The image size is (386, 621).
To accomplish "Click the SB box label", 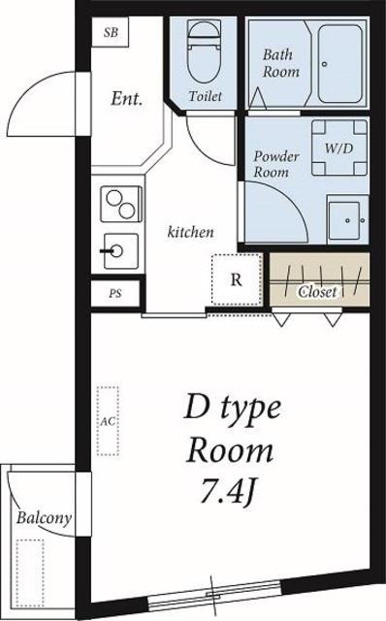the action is [x=111, y=32].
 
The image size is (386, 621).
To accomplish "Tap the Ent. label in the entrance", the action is [x=127, y=99].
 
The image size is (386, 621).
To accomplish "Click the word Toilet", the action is [x=205, y=96].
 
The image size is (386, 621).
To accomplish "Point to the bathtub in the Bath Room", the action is [x=340, y=64].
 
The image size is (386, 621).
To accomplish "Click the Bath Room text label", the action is [x=280, y=63].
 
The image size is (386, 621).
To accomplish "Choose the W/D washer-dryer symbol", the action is [x=339, y=147].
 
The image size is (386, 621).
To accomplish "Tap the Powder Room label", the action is [x=276, y=164].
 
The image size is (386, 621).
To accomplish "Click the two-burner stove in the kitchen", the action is [x=121, y=204].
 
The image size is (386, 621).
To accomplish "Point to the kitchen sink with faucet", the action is [x=120, y=250].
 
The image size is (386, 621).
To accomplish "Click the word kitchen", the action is [x=190, y=232].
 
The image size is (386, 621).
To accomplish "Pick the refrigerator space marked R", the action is [x=237, y=279].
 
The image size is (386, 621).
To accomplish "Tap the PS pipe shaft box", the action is [x=115, y=294].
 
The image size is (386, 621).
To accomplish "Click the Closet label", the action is [x=317, y=292].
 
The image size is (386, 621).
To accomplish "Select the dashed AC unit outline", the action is [x=108, y=421].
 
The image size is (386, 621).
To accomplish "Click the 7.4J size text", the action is [x=228, y=490].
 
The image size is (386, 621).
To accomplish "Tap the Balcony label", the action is [x=44, y=518].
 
